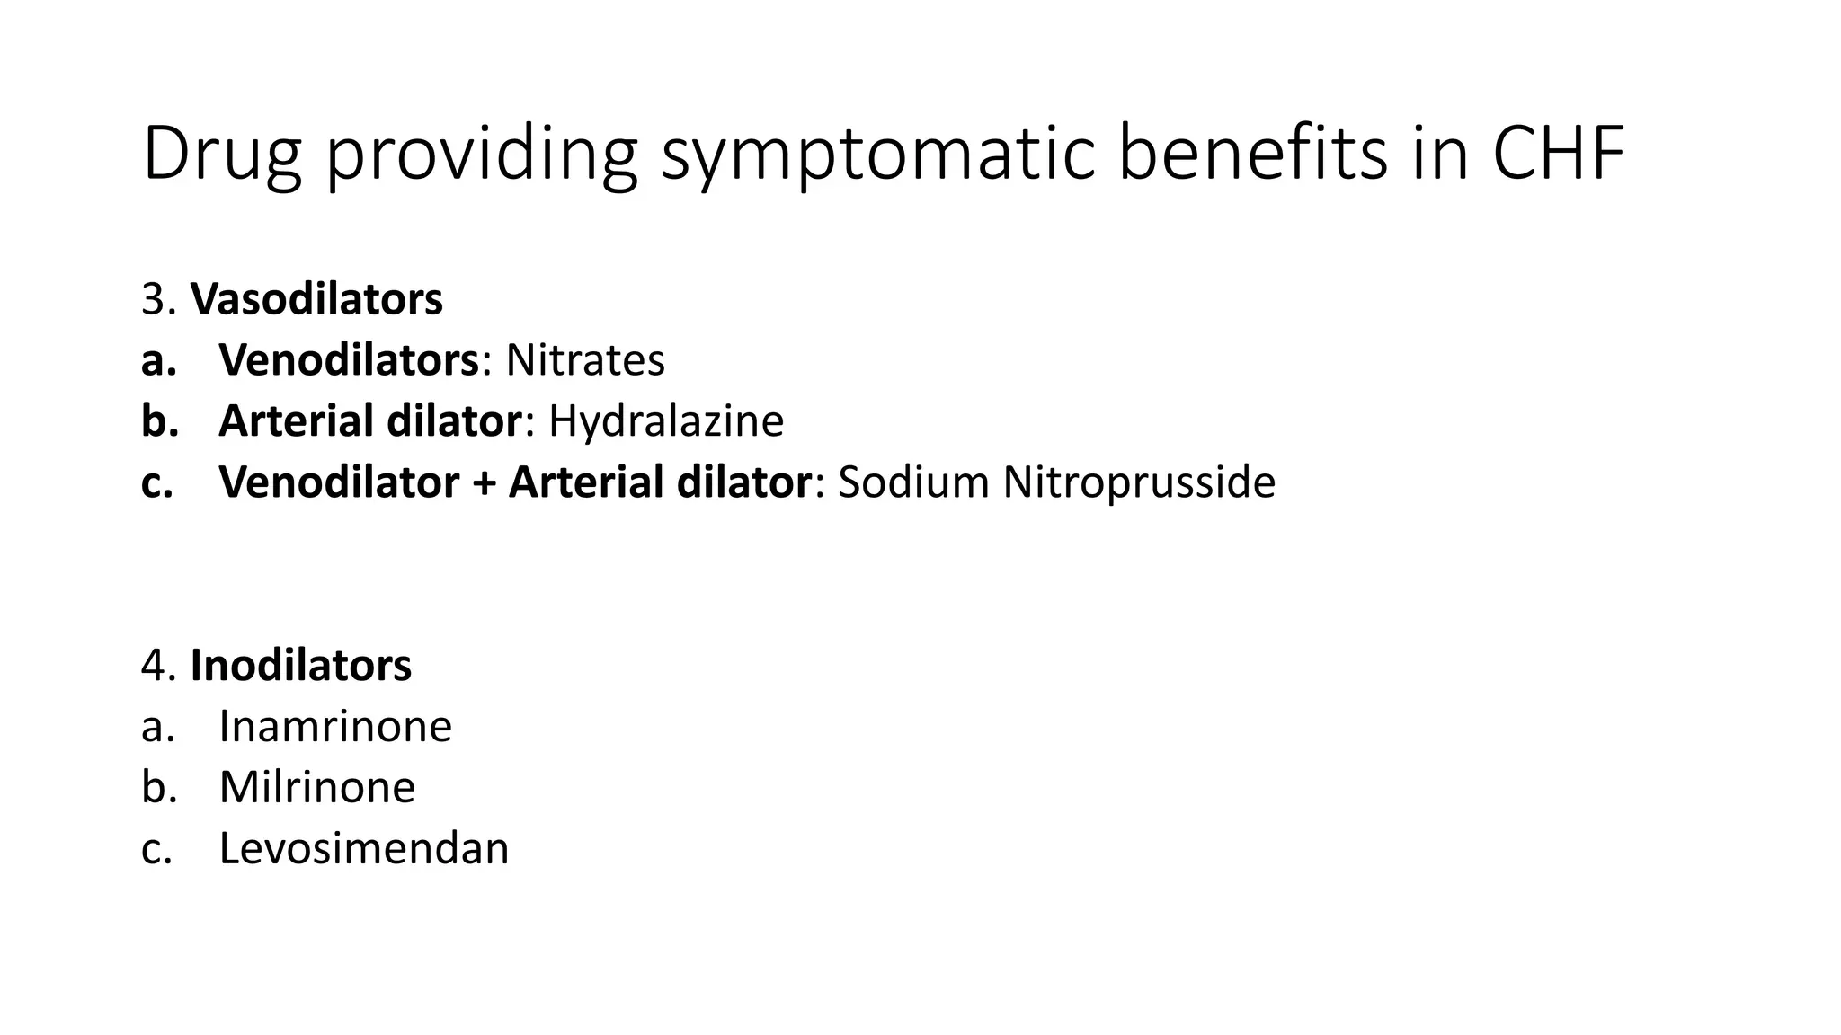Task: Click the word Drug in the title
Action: click(221, 155)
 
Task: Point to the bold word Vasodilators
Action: click(316, 299)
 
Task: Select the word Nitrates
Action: click(585, 360)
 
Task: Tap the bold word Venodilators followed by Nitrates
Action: click(349, 360)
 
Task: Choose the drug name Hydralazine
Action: click(666, 421)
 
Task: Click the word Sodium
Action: click(913, 482)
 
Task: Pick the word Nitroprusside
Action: click(1139, 482)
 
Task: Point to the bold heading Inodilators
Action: click(301, 666)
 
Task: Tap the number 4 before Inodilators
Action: click(154, 666)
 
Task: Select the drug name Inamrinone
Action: click(335, 726)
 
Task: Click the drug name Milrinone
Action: click(317, 787)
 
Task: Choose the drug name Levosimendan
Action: click(364, 848)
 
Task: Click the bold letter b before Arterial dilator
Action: click(158, 421)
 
